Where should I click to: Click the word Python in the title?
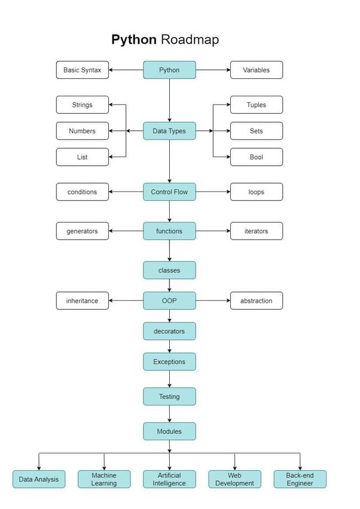pos(134,40)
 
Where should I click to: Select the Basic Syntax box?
pos(83,70)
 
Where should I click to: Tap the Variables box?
pos(256,70)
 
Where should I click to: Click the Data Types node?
pos(169,131)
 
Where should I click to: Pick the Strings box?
pos(83,105)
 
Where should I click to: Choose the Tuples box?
pos(256,105)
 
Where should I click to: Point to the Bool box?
pos(256,157)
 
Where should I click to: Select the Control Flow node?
pos(169,192)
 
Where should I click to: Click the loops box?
pos(256,192)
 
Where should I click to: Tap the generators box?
pos(83,231)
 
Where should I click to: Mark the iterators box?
pos(256,231)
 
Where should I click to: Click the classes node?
pos(169,270)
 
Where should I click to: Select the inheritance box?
pos(83,301)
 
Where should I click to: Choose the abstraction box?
pos(256,301)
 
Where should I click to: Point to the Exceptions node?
pos(169,362)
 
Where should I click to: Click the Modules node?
pos(169,431)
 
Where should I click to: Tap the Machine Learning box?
pos(104,479)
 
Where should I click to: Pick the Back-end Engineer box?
pos(300,479)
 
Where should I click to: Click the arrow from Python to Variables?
pos(213,70)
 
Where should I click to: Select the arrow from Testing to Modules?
pos(169,414)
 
